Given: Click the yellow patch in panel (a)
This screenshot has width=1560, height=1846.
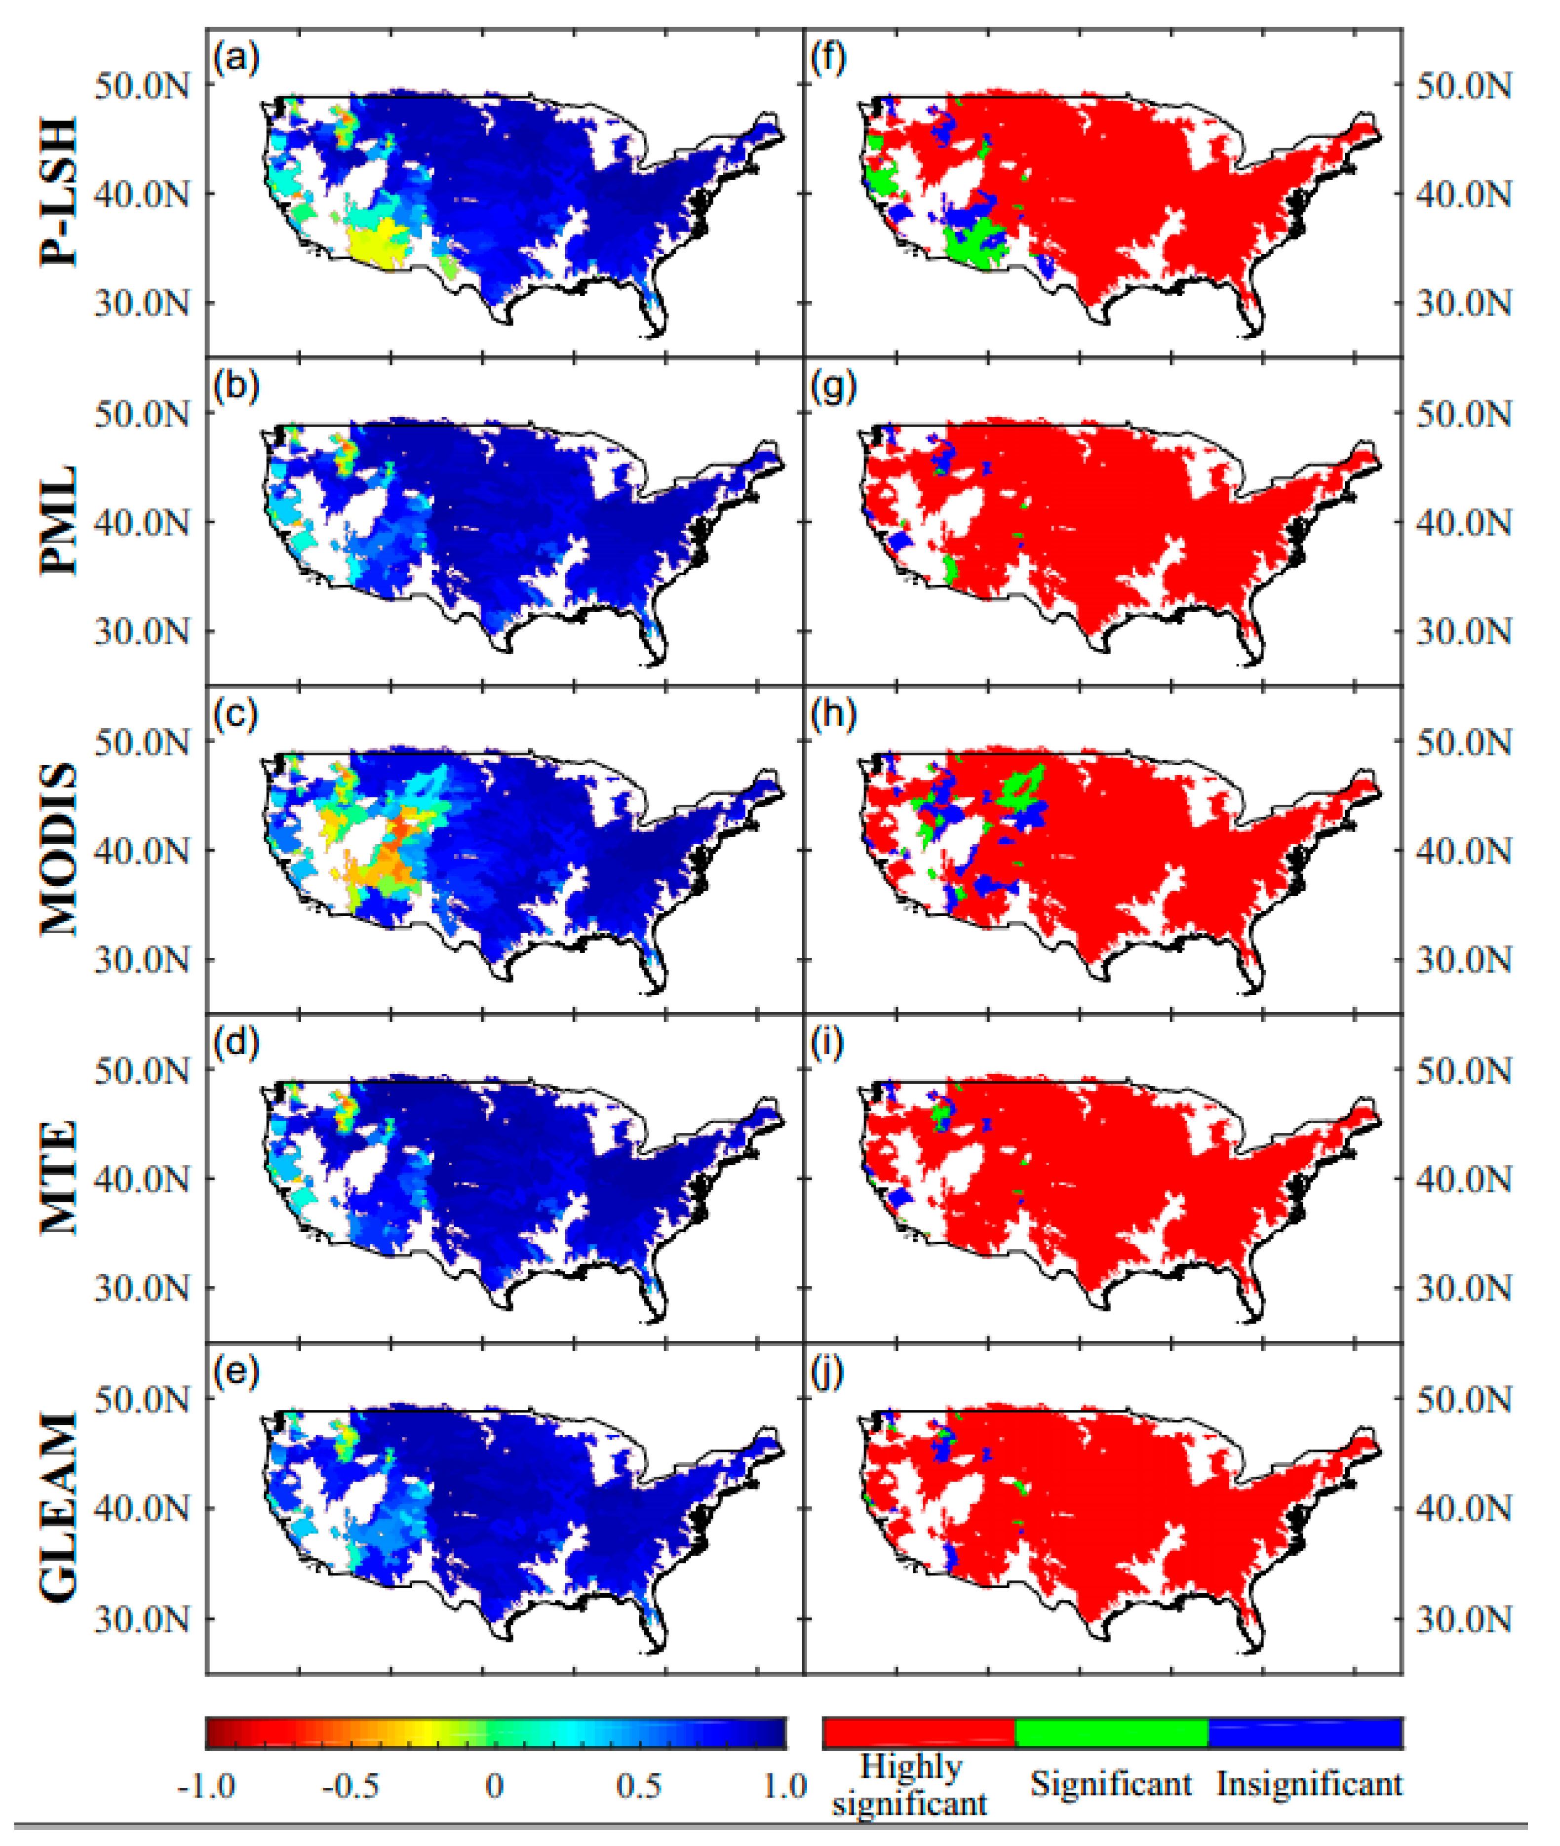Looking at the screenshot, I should click(x=376, y=243).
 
